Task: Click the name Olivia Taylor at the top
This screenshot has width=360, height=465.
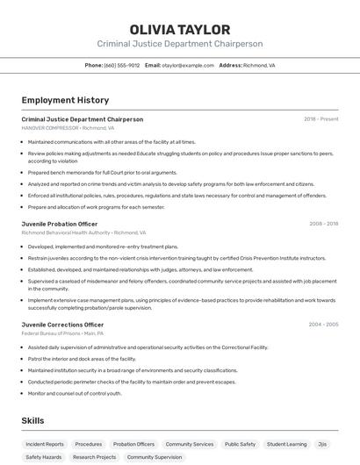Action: tap(179, 30)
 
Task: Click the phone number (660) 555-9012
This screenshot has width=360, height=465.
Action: tap(121, 65)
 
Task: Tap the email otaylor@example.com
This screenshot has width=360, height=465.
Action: tap(188, 65)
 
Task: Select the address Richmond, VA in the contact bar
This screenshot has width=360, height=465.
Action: tap(259, 65)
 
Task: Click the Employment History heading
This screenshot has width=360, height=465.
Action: tap(65, 100)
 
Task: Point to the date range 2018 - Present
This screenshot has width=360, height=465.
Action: tap(320, 119)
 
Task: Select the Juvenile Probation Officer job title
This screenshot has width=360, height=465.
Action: tap(60, 224)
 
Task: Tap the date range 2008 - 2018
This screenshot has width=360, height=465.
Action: tap(323, 224)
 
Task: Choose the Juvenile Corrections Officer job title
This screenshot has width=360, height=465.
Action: tap(62, 325)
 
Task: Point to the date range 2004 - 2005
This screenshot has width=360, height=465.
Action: tap(323, 325)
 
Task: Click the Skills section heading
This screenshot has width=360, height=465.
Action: tap(32, 421)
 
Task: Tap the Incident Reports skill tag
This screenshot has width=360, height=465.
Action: tap(45, 444)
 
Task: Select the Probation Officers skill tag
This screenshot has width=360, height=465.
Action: tap(133, 444)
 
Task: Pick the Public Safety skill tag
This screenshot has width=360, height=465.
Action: tap(240, 444)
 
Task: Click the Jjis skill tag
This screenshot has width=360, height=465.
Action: tap(322, 444)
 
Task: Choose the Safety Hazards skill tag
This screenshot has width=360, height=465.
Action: tap(44, 457)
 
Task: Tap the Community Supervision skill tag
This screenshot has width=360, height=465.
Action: tap(155, 457)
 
